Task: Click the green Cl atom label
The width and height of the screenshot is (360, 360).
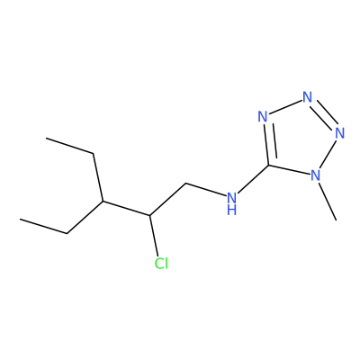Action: pos(161,263)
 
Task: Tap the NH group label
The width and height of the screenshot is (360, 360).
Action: pos(231,203)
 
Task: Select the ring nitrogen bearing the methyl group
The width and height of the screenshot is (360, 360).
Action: pos(315,175)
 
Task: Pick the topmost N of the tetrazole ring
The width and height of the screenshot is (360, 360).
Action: pos(307,97)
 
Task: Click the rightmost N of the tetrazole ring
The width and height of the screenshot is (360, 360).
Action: pos(339,133)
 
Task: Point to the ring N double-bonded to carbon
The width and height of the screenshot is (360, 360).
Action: pos(263,116)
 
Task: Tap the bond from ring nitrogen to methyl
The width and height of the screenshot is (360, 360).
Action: pos(327,201)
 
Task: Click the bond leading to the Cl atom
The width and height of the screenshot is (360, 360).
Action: pos(154,236)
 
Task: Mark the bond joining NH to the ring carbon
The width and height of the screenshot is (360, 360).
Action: pos(253,179)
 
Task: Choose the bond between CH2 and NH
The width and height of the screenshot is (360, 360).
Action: pos(206,190)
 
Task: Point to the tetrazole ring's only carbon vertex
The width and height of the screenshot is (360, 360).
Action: pos(268,166)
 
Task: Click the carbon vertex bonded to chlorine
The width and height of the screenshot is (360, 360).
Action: pos(149,215)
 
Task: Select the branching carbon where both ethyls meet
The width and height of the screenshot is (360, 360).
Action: pos(103,201)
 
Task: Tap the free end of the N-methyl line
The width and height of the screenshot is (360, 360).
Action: pos(337,220)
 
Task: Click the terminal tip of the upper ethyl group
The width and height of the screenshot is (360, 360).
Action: pos(46,138)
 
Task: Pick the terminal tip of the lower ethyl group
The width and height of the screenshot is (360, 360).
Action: pos(20,220)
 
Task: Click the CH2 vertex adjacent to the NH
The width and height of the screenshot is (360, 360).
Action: pos(186,183)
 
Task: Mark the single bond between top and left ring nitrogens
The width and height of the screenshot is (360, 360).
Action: pos(285,107)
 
